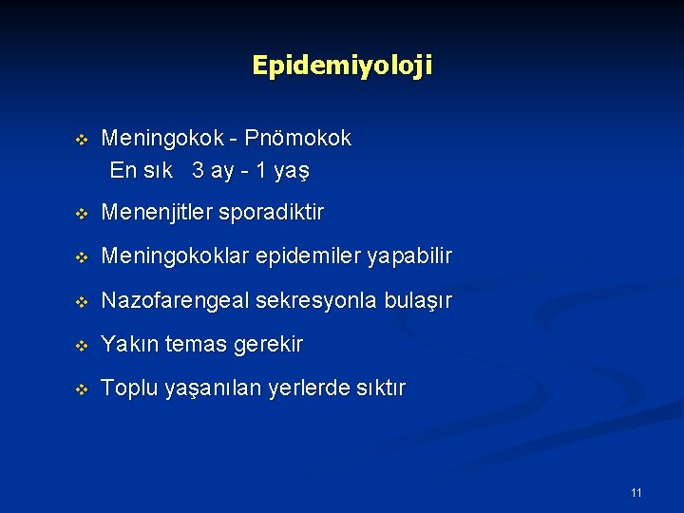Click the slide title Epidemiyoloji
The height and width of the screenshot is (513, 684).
[342, 66]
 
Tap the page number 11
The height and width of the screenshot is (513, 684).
[636, 492]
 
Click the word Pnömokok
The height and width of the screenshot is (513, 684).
[297, 139]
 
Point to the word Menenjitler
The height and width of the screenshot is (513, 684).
[157, 213]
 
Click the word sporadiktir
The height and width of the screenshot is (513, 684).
[271, 213]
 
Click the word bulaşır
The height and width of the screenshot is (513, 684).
[419, 301]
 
